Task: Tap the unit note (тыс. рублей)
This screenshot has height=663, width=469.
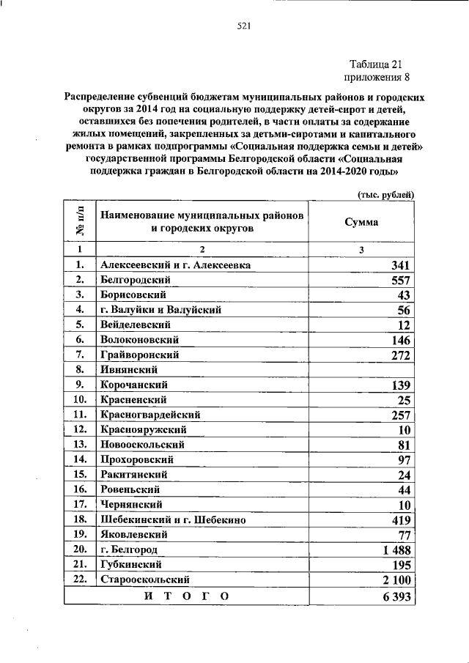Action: coord(386,194)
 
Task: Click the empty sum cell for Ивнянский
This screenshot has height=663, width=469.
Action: coord(362,370)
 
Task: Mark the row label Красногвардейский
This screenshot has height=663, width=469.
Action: coord(151,415)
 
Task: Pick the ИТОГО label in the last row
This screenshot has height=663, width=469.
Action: coord(186,596)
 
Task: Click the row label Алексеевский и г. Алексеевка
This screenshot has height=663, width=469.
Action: coord(176,265)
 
